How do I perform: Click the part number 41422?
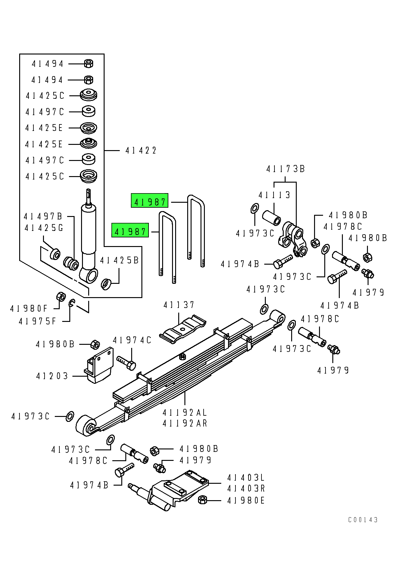coord(141,151)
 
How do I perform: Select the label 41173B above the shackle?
coord(285,169)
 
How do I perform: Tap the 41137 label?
coord(179,305)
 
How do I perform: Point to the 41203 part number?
coord(52,376)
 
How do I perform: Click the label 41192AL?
coord(184,413)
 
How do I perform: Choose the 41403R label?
coord(246,489)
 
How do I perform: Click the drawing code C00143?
coord(363,520)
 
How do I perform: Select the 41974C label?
coord(132,340)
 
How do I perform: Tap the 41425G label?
coord(44,228)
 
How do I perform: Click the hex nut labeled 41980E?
coord(202,500)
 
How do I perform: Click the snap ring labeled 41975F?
coord(71,303)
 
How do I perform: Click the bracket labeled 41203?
coord(99,366)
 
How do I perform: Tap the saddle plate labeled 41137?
coord(183,329)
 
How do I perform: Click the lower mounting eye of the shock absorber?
coord(89,275)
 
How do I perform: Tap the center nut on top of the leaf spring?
coord(183,356)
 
